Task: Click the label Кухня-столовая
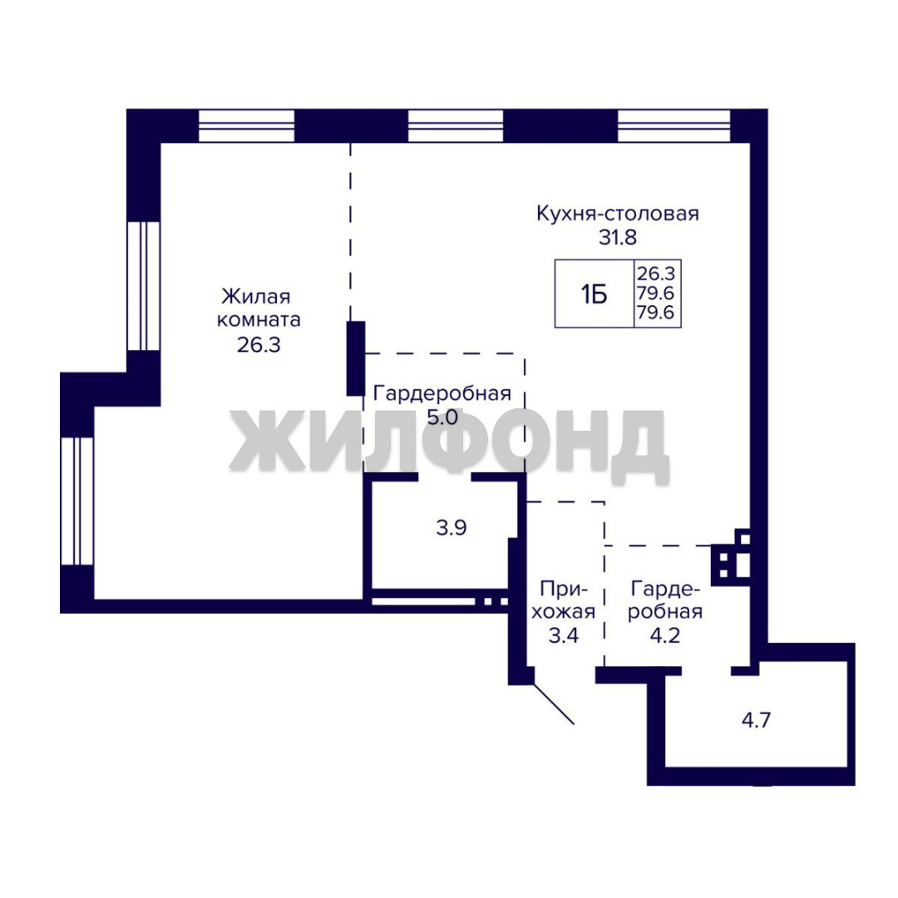[617, 214]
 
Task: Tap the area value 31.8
[618, 237]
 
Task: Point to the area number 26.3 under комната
[259, 345]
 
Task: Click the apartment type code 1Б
[594, 295]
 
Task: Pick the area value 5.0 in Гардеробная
[442, 417]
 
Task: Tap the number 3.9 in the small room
[451, 527]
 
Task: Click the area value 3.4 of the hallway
[564, 636]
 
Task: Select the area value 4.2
[665, 636]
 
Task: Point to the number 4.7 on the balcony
[756, 720]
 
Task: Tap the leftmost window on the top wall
[246, 126]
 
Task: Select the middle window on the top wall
[456, 126]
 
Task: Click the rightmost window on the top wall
[674, 126]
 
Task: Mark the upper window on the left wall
[143, 286]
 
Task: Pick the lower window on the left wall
[77, 501]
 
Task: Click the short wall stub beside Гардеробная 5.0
[356, 358]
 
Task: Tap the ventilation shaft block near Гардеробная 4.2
[731, 557]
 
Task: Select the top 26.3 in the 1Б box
[656, 274]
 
